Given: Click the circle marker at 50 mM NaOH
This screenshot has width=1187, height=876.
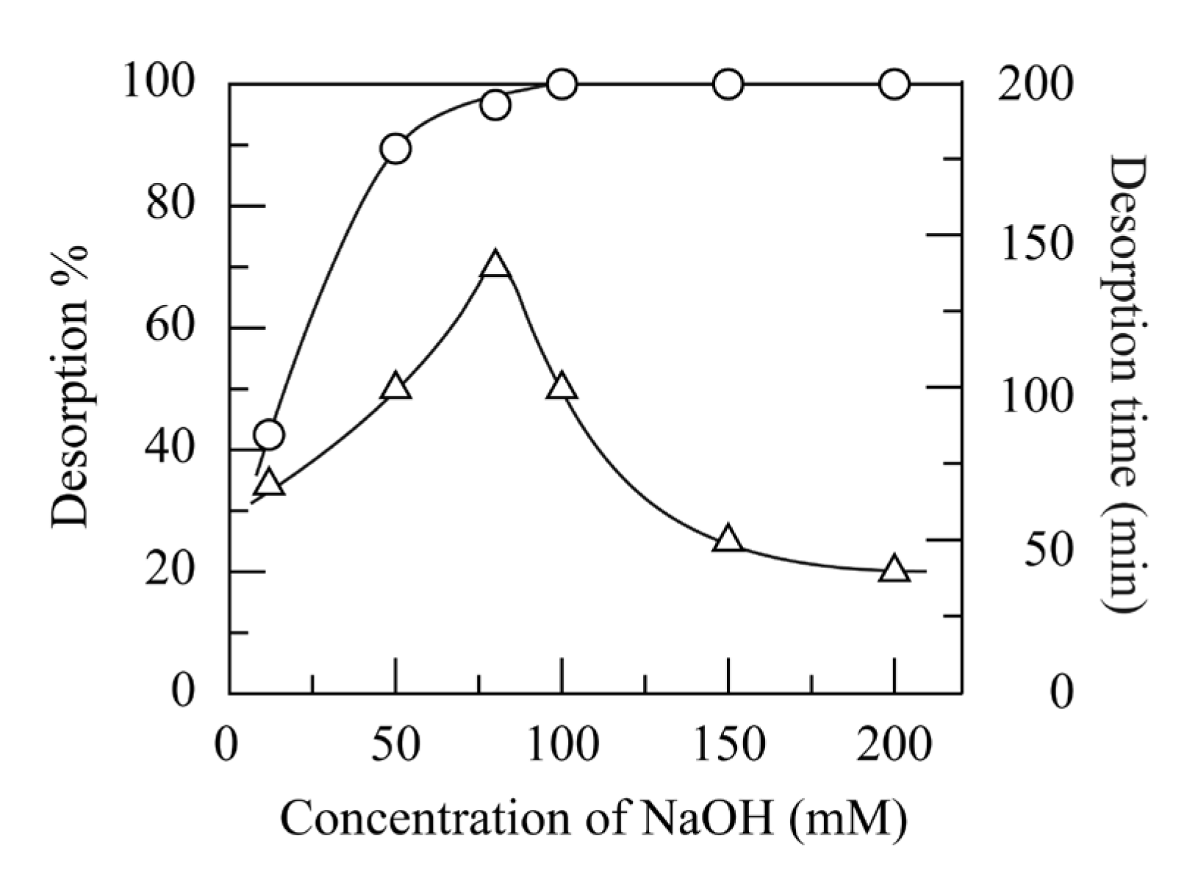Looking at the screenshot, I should click(395, 149).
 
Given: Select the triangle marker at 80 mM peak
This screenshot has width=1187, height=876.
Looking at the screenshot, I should click(495, 265).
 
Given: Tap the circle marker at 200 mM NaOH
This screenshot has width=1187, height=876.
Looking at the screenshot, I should click(894, 85).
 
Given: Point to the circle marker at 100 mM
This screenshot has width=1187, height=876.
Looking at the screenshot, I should click(562, 85).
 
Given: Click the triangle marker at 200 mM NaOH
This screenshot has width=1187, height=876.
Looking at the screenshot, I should click(894, 570).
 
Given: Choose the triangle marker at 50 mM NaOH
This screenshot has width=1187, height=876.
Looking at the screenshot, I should click(395, 387).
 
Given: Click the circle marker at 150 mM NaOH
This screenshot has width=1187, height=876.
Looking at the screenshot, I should click(728, 85).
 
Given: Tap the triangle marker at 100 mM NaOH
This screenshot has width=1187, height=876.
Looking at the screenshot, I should click(562, 387).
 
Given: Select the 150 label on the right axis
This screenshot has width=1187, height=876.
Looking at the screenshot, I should click(1036, 243).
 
